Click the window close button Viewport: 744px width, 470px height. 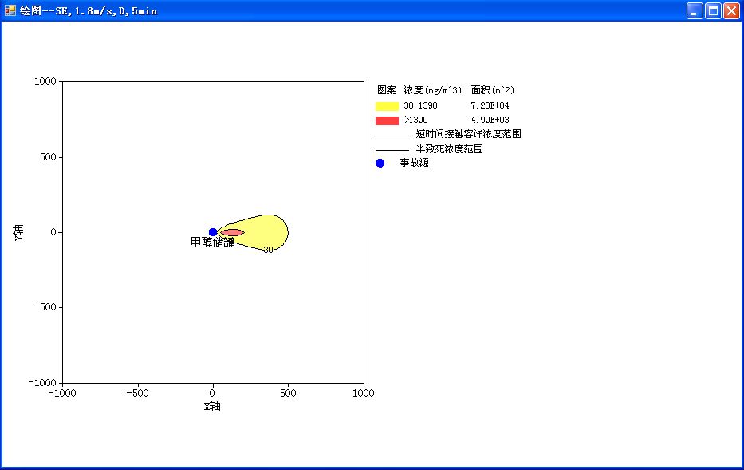731,10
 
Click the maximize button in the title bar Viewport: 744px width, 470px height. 713,10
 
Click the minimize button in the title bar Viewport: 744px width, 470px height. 695,10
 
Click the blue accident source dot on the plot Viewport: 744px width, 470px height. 213,232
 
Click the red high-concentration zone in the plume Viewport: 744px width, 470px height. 233,233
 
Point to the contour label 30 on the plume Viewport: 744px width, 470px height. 268,250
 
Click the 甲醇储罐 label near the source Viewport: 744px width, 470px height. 213,243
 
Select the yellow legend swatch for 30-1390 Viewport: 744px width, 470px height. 387,106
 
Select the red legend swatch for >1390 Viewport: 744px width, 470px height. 387,120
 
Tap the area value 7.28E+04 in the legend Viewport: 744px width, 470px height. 490,105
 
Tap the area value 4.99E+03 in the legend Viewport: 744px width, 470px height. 490,120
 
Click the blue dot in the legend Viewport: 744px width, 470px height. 380,164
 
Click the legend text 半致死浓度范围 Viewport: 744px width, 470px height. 449,149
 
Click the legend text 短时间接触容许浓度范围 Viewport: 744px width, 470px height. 468,134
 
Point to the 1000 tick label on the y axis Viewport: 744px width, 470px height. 45,81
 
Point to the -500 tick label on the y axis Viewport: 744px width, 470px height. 45,307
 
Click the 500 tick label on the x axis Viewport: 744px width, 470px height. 288,393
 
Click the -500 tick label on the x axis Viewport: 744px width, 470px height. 137,393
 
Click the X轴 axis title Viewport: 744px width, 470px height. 212,406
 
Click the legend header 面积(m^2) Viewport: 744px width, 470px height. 493,90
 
